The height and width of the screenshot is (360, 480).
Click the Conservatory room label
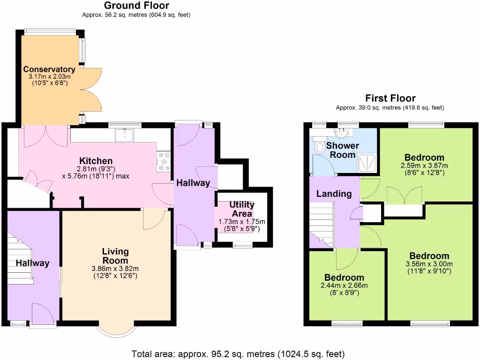pyautogui.click(x=49, y=69)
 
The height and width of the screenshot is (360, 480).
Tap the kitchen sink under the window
pyautogui.click(x=125, y=135)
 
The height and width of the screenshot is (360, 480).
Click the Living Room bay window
pyautogui.click(x=117, y=329)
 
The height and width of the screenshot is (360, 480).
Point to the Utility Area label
pyautogui.click(x=242, y=209)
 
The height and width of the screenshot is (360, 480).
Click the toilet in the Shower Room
pyautogui.click(x=320, y=147)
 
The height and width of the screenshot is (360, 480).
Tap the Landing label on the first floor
pyautogui.click(x=334, y=194)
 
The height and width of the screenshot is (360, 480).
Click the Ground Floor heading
pyautogui.click(x=136, y=6)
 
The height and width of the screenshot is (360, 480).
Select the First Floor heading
pyautogui.click(x=390, y=98)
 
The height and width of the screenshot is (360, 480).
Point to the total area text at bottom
pyautogui.click(x=238, y=353)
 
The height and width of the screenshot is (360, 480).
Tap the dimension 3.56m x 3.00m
pyautogui.click(x=429, y=264)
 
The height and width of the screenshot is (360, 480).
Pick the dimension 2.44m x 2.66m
pyautogui.click(x=344, y=285)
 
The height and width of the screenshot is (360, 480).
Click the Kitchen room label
pyautogui.click(x=96, y=161)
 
